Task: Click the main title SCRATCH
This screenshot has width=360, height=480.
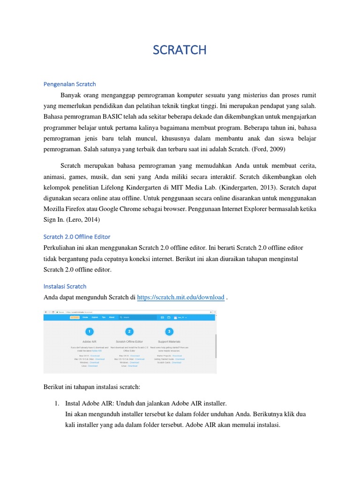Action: pos(180,50)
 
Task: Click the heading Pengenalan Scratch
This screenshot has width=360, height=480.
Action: pos(69,84)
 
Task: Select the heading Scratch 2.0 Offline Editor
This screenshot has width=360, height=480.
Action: pos(77,237)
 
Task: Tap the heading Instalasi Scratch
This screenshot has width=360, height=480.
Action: pos(65,286)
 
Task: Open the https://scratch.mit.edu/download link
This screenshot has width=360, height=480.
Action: pos(180,297)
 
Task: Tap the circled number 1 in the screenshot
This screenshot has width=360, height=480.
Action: pos(89,331)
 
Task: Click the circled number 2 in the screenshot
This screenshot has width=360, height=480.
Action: pos(129,331)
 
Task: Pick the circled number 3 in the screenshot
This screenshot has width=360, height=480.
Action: pos(169,331)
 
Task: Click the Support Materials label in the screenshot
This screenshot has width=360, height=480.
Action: pos(169,342)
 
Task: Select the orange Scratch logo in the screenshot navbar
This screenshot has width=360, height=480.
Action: pos(74,317)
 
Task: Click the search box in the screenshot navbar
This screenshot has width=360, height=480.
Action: pos(136,317)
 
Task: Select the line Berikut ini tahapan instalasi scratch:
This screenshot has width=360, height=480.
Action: pos(91,386)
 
